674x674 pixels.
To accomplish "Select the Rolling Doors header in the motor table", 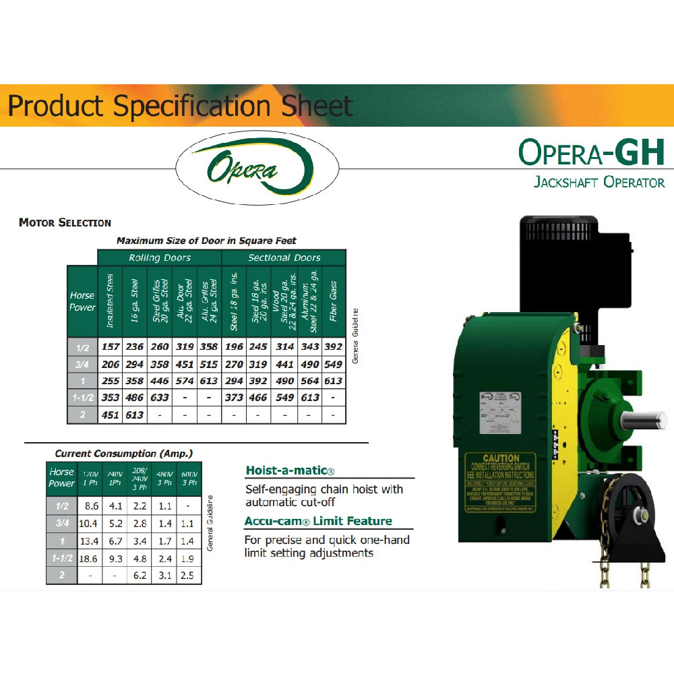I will click(x=159, y=257).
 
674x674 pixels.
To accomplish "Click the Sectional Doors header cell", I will click(x=284, y=257).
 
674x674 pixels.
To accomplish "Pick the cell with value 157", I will click(x=110, y=346).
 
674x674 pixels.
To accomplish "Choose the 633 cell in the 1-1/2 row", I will click(x=160, y=398).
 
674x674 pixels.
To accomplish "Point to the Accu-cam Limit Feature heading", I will click(x=318, y=521).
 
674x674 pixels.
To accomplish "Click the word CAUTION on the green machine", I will click(x=501, y=458).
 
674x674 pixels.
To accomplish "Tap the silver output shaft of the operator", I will click(x=641, y=421).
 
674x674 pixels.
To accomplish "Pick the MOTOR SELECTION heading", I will click(x=65, y=222).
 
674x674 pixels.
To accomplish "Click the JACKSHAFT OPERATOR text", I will click(x=599, y=182).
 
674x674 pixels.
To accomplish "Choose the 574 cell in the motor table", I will click(x=184, y=380).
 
